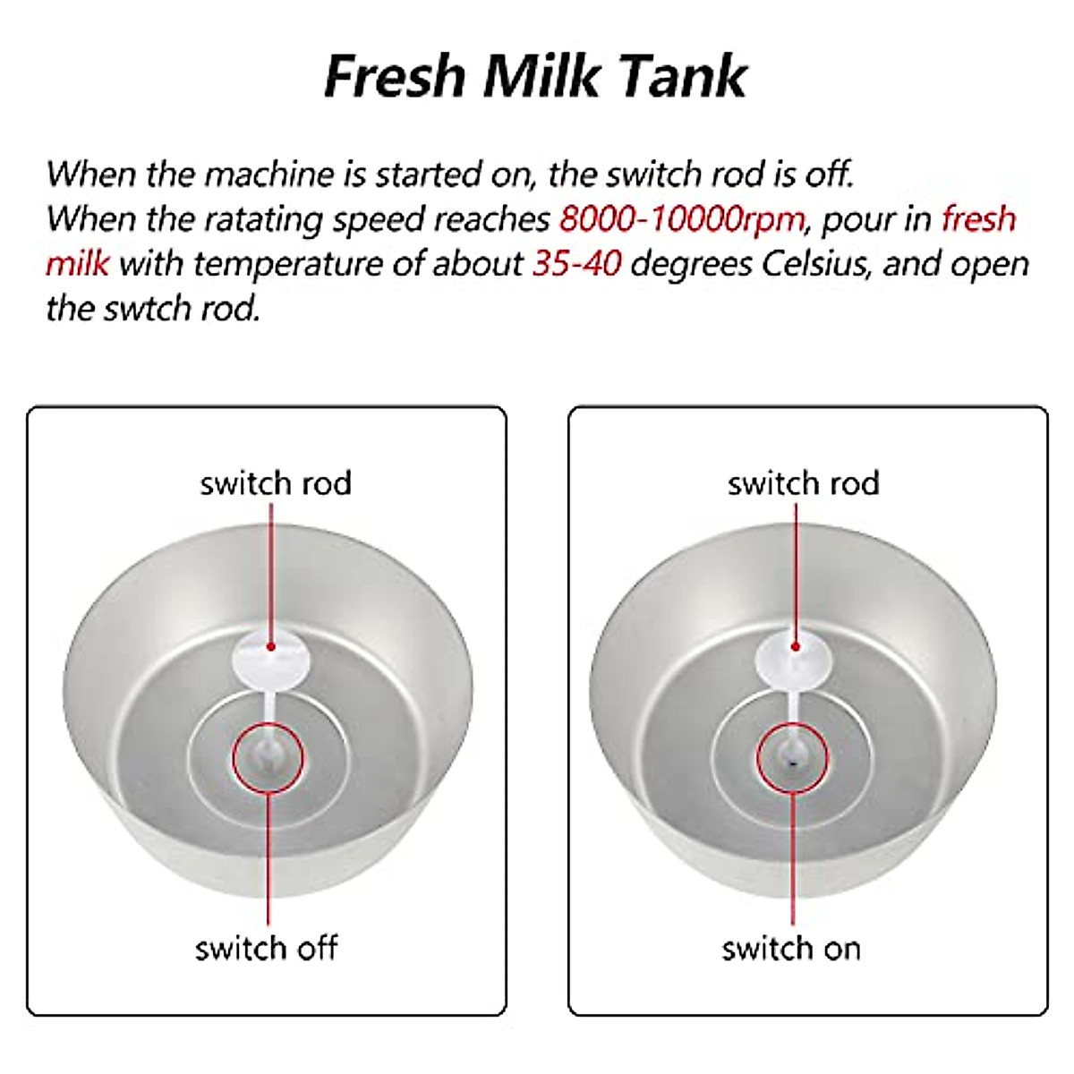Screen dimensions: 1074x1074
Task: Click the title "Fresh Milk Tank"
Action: [x=535, y=76]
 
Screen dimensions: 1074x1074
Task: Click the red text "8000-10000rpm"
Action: [x=681, y=219]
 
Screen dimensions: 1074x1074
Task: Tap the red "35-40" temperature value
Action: [x=576, y=264]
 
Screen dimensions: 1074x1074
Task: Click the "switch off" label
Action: [x=267, y=948]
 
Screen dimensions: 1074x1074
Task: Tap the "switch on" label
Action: [x=791, y=948]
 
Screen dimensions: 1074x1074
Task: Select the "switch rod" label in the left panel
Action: [x=276, y=483]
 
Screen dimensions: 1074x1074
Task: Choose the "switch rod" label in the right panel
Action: [x=803, y=483]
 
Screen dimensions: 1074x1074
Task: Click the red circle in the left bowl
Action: [x=268, y=759]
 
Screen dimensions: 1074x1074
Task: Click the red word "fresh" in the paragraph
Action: [x=978, y=219]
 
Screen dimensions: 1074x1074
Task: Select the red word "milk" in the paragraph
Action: [x=78, y=264]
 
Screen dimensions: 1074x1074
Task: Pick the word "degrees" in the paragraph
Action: [x=688, y=264]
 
